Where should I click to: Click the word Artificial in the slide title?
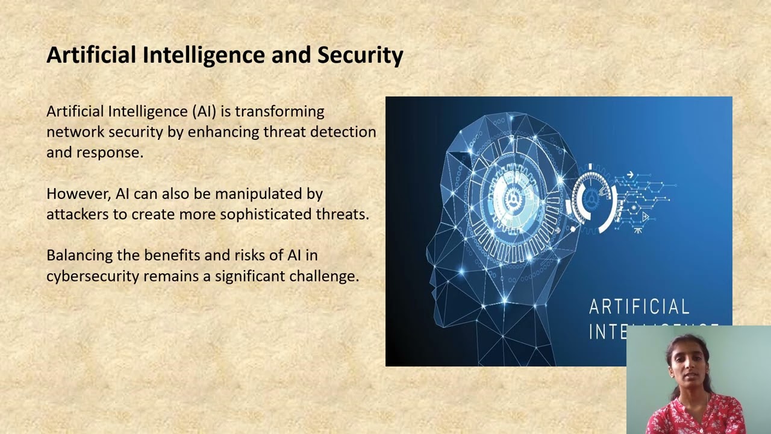coord(90,55)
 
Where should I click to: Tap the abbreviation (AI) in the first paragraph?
coord(204,112)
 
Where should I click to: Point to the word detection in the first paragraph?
coord(343,132)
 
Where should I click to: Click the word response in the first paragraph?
coord(109,153)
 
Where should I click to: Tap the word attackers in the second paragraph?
coord(78,215)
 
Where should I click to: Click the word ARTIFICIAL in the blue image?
coord(639,307)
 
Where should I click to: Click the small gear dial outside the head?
coord(593,199)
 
